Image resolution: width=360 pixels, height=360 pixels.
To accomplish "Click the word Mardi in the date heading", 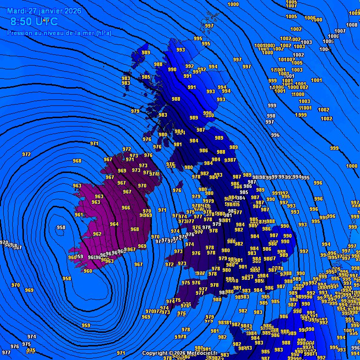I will (x=17, y=11).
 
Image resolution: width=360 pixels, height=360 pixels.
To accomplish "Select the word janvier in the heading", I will (x=51, y=11).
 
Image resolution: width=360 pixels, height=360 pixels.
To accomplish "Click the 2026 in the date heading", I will (x=73, y=11).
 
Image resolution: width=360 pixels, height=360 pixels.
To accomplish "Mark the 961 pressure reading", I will (x=79, y=215).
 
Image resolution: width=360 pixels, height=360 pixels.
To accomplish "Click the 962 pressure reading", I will (x=97, y=234).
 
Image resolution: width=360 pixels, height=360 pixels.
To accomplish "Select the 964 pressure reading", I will (x=114, y=224).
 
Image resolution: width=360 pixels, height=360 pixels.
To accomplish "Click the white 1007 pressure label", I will (x=340, y=31).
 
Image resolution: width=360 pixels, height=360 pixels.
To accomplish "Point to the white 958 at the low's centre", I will (x=61, y=228).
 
